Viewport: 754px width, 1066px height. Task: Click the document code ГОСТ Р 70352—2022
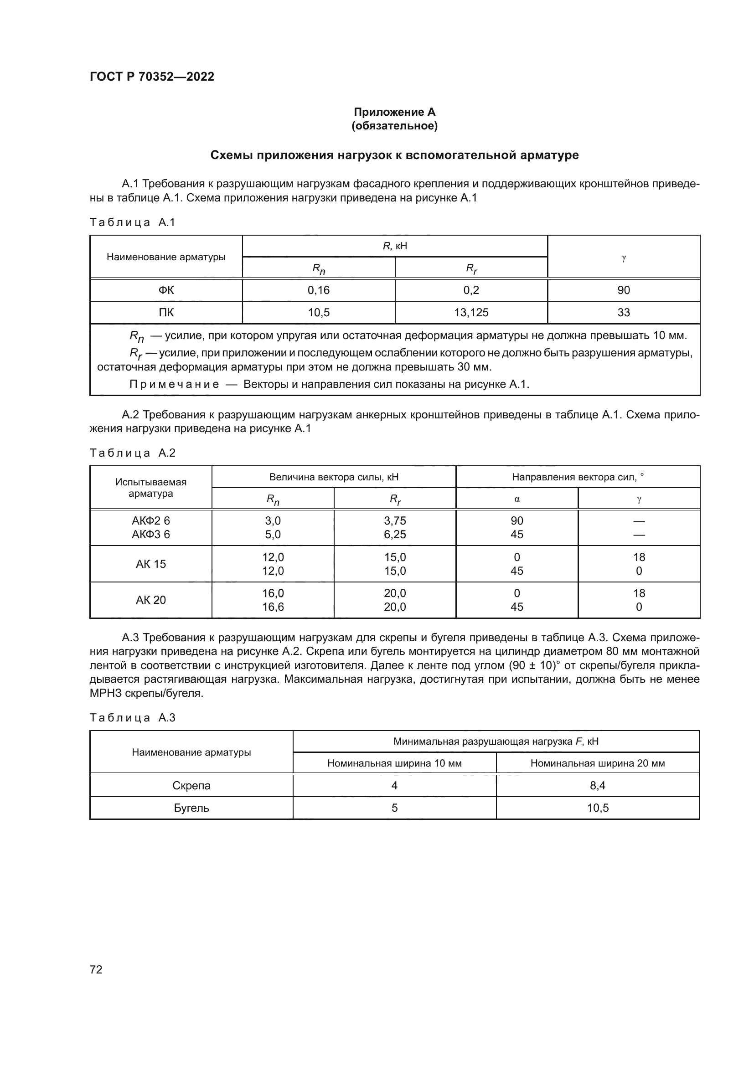[152, 77]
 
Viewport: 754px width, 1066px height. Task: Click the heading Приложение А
[394, 112]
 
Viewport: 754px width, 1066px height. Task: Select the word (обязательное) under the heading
[394, 126]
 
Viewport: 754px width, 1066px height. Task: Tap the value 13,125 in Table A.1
[471, 313]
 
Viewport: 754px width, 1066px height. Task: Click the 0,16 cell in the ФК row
[319, 290]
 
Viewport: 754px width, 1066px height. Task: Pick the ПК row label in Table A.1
[166, 313]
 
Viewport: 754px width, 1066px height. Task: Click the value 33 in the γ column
[623, 313]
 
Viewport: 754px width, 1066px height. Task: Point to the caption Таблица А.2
[132, 453]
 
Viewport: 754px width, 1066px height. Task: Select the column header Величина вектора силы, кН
[333, 477]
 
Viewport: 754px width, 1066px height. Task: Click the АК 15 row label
[150, 564]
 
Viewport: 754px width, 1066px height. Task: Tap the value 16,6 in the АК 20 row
[273, 607]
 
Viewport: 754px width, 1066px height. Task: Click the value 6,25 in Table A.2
[395, 535]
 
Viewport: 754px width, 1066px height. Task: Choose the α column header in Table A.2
[517, 500]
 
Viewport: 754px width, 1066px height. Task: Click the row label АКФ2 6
[150, 521]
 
